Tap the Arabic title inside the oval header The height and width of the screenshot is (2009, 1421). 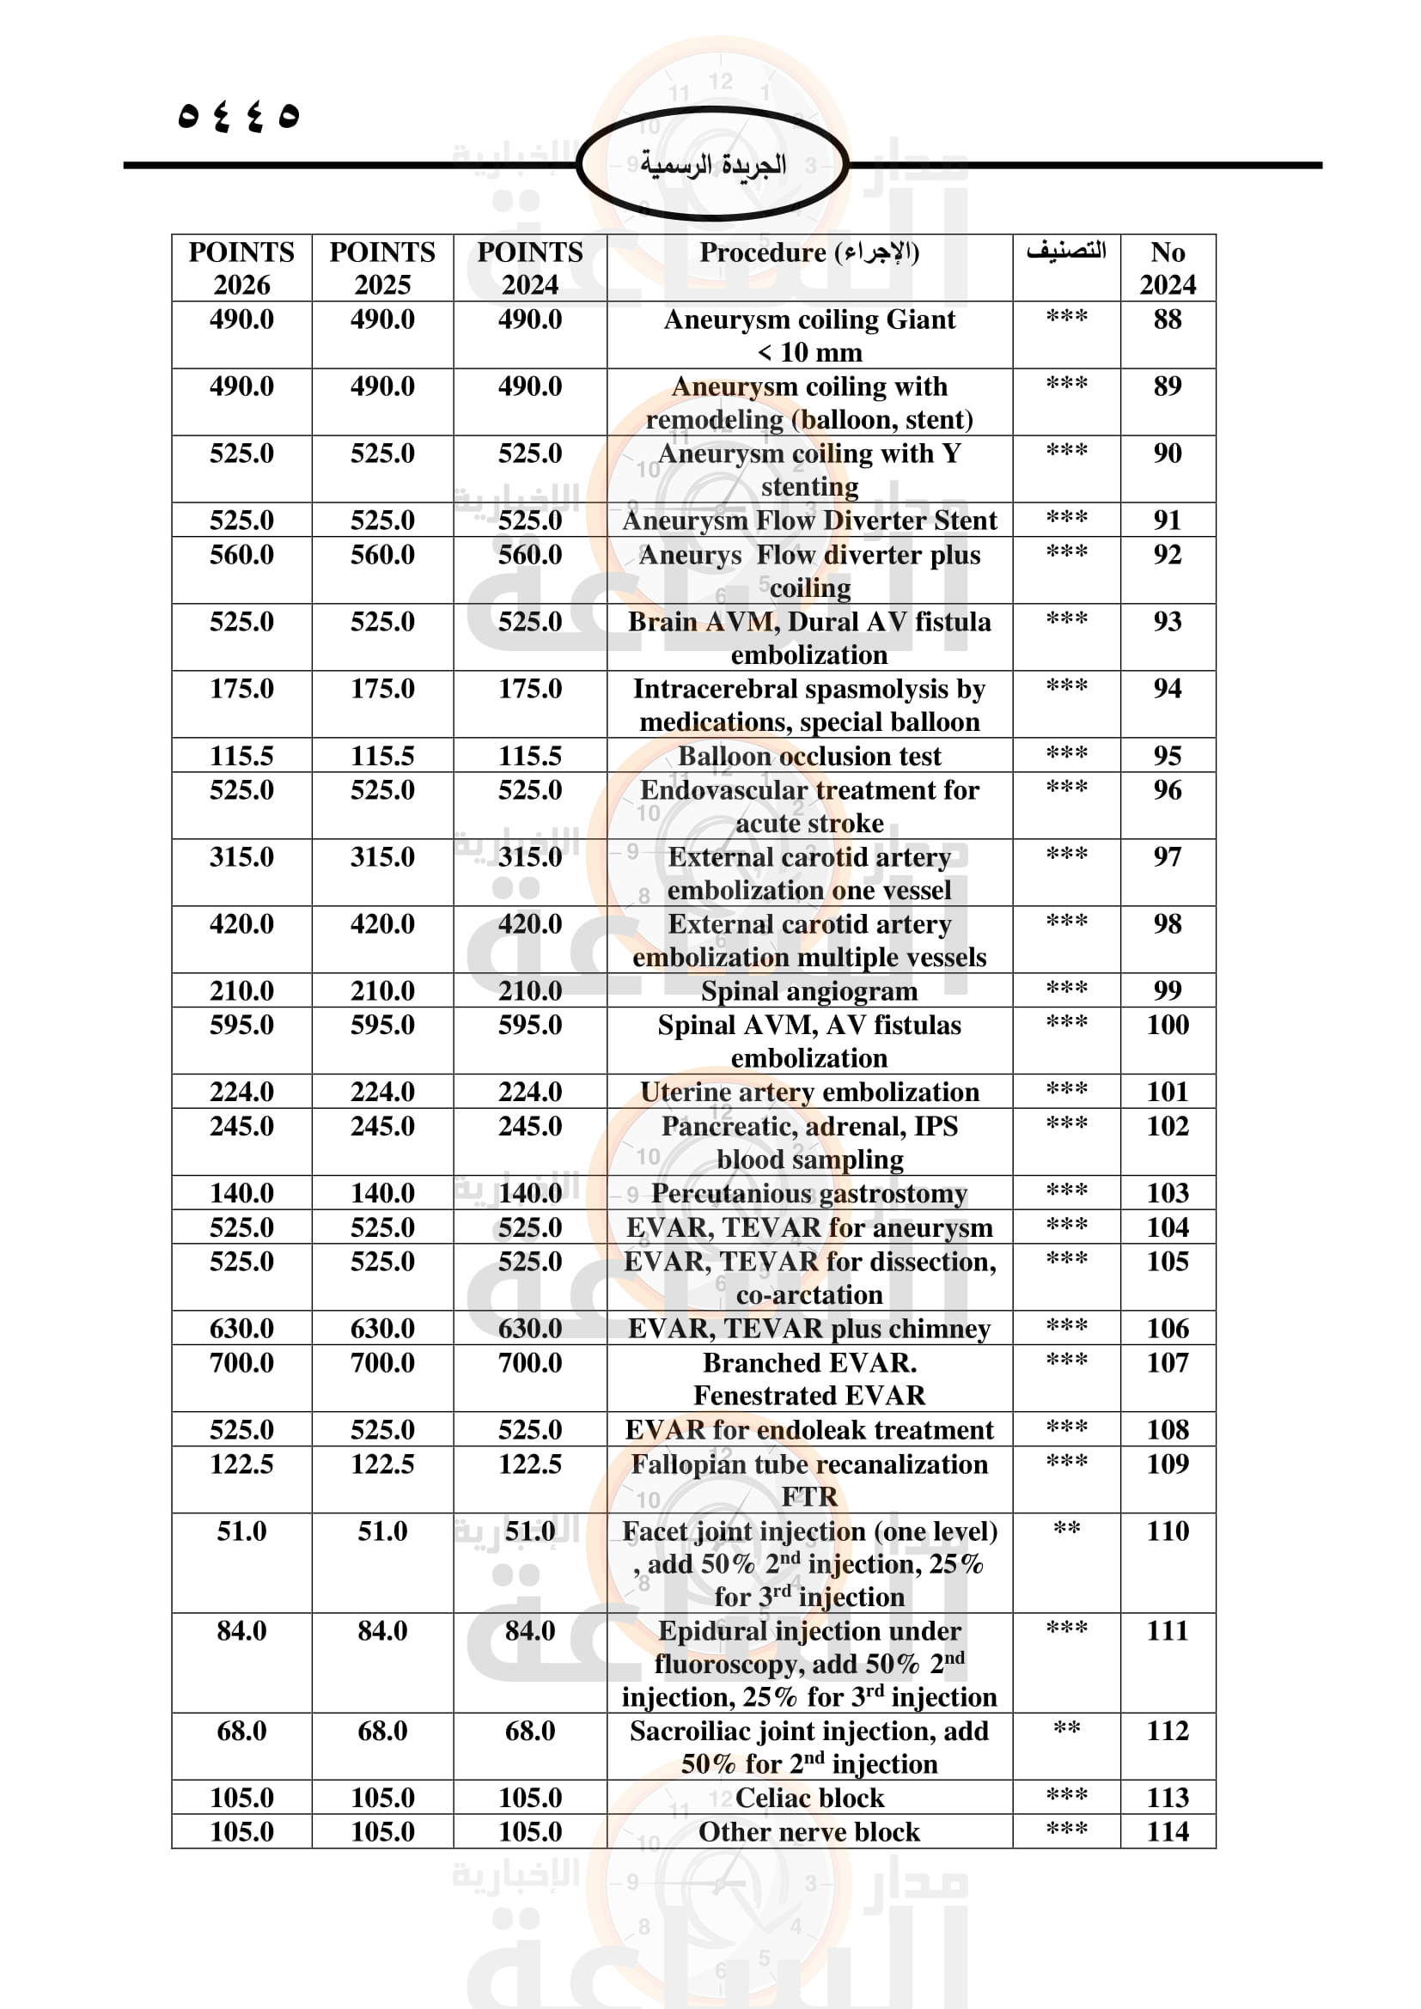[712, 165]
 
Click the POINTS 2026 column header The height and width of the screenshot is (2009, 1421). [241, 268]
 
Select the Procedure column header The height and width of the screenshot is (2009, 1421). [809, 253]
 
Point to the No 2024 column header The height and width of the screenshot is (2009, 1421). [1168, 268]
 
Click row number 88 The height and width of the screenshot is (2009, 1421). [1168, 320]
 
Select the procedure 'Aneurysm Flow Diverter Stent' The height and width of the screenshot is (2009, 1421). [809, 521]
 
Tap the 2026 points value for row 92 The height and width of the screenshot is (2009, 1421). [241, 555]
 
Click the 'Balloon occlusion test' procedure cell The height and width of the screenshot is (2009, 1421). [809, 756]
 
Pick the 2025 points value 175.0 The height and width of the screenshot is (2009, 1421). [382, 689]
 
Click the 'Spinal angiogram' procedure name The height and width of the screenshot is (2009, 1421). [809, 991]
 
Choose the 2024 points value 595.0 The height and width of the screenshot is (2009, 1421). [529, 1025]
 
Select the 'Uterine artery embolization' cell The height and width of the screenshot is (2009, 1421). [809, 1092]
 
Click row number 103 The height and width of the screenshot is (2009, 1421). [1168, 1193]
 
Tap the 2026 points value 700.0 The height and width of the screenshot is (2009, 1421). [241, 1362]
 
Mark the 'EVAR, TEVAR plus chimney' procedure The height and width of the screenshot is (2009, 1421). [809, 1328]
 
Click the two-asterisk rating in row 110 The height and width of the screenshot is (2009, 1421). [1065, 1530]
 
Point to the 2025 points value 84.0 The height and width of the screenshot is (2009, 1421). [382, 1631]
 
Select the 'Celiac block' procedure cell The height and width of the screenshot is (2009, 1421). [809, 1798]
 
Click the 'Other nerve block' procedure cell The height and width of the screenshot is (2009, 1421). [809, 1832]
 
